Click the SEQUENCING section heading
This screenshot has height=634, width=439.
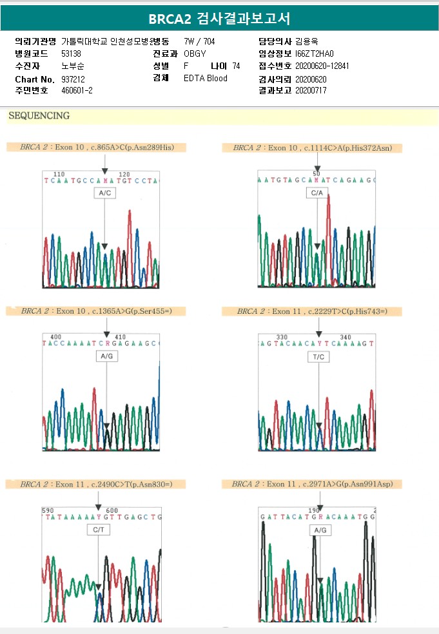pyautogui.click(x=39, y=116)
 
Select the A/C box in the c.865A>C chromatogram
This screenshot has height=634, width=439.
pyautogui.click(x=104, y=193)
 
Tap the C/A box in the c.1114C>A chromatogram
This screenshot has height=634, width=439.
pyautogui.click(x=317, y=193)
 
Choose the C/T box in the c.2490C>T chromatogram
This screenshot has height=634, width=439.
pyautogui.click(x=99, y=530)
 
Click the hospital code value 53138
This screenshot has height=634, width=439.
pyautogui.click(x=72, y=53)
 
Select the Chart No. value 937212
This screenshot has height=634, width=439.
pyautogui.click(x=73, y=79)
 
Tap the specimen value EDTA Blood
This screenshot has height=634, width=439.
pyautogui.click(x=206, y=79)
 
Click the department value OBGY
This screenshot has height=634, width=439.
pyautogui.click(x=195, y=53)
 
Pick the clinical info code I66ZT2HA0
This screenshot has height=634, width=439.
pyautogui.click(x=315, y=53)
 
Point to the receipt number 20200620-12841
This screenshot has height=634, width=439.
pyautogui.click(x=322, y=66)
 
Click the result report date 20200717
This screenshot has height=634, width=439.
pyautogui.click(x=311, y=91)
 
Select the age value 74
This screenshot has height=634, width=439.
pyautogui.click(x=236, y=66)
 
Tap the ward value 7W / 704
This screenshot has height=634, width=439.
pyautogui.click(x=200, y=41)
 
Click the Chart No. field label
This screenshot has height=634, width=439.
pyautogui.click(x=35, y=79)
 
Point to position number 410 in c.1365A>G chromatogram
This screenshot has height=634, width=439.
pyautogui.click(x=120, y=337)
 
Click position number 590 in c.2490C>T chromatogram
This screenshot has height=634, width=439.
pyautogui.click(x=48, y=510)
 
